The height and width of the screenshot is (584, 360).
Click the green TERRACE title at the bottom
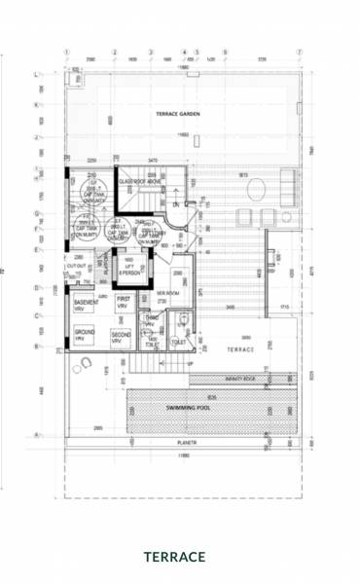tap(175, 557)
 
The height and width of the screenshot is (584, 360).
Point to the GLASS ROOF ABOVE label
tap(138, 181)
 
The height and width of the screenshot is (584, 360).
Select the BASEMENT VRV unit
tap(88, 306)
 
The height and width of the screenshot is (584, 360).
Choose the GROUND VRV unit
tap(86, 336)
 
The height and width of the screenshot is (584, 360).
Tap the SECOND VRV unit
tap(120, 338)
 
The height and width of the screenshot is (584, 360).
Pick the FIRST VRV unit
tap(124, 302)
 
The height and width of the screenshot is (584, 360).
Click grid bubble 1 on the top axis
tap(66, 53)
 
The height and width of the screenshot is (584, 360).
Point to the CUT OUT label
tap(76, 265)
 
